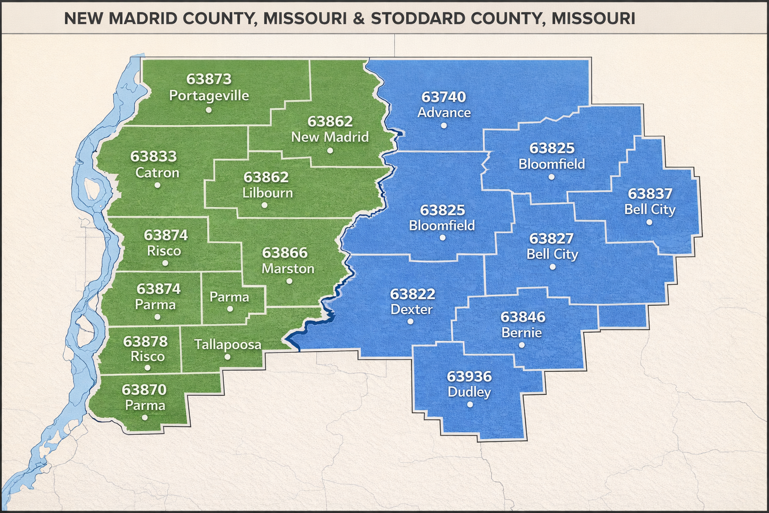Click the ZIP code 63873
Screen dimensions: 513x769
point(209,79)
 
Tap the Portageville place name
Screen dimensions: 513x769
point(209,95)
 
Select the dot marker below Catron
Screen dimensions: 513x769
point(158,185)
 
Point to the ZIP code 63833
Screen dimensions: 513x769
point(154,157)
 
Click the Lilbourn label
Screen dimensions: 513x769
point(267,193)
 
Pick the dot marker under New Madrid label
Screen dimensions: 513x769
point(329,150)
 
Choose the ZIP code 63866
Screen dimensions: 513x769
point(285,253)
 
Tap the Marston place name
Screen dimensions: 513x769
point(288,269)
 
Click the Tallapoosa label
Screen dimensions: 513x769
point(228,345)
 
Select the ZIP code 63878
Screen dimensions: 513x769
point(145,342)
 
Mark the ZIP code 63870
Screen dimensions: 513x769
point(144,390)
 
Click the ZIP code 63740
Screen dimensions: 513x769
point(444,97)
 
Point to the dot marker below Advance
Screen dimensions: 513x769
point(444,125)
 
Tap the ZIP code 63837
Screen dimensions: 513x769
point(650,194)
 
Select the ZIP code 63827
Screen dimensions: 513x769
point(551,238)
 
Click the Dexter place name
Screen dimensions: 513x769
point(411,309)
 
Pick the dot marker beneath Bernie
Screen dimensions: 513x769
point(522,345)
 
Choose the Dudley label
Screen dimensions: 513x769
point(469,392)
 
